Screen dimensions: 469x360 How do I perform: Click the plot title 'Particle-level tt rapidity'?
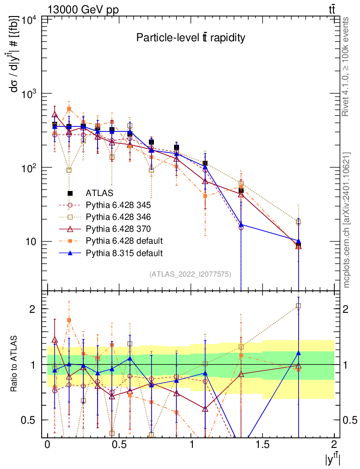[191, 38]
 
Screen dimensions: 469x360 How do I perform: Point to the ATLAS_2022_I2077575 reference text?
[190, 274]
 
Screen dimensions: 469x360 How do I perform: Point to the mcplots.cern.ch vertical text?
[347, 220]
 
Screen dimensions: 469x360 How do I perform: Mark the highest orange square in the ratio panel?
[69, 320]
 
